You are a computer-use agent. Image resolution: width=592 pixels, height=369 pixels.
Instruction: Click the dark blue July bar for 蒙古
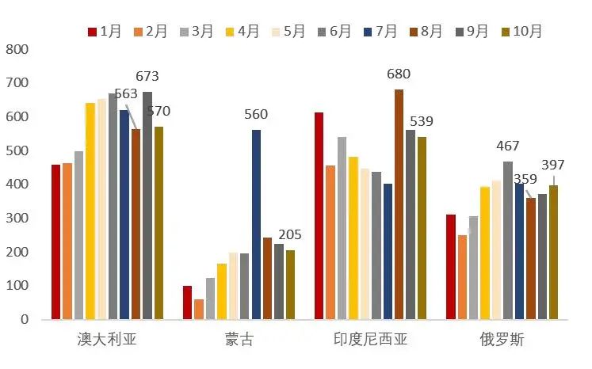click(256, 224)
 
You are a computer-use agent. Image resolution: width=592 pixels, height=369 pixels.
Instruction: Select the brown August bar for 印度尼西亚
click(399, 204)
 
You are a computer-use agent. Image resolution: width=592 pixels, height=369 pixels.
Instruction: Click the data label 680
click(399, 75)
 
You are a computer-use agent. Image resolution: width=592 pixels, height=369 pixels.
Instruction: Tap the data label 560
click(255, 115)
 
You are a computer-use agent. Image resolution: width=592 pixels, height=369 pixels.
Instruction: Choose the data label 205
click(290, 235)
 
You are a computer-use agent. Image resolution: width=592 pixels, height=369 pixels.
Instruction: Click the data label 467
click(507, 147)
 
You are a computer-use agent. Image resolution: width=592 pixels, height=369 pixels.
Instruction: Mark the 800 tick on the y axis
click(17, 49)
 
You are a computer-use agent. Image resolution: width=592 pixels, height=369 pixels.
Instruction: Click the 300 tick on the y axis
click(17, 218)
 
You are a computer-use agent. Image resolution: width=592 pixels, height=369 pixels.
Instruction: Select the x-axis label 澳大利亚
click(107, 340)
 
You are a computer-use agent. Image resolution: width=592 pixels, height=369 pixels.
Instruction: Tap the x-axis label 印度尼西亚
click(370, 340)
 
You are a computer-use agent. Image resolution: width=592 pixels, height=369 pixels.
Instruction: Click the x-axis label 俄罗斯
click(502, 340)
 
